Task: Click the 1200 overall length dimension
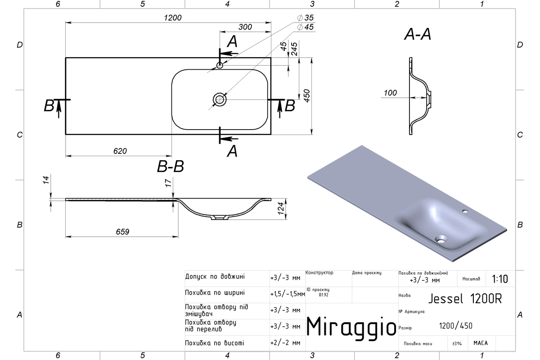pyautogui.click(x=173, y=18)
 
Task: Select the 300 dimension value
pyautogui.click(x=245, y=27)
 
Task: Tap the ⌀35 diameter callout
pyautogui.click(x=305, y=18)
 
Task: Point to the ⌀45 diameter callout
pyautogui.click(x=305, y=27)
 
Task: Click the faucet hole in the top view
pyautogui.click(x=220, y=65)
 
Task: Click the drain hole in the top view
pyautogui.click(x=220, y=99)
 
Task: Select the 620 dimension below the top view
pyautogui.click(x=120, y=151)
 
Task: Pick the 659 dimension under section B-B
pyautogui.click(x=122, y=232)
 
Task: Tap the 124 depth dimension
pyautogui.click(x=281, y=208)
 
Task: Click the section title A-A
pyautogui.click(x=418, y=34)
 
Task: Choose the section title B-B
pyautogui.click(x=171, y=166)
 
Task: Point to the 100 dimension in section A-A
pyautogui.click(x=390, y=93)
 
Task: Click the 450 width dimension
pyautogui.click(x=306, y=96)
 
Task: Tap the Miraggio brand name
pyautogui.click(x=351, y=327)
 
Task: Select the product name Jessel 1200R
pyautogui.click(x=465, y=299)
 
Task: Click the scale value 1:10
pyautogui.click(x=500, y=279)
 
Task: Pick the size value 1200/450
pyautogui.click(x=455, y=326)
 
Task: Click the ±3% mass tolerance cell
pyautogui.click(x=457, y=343)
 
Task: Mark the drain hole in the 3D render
pyautogui.click(x=441, y=239)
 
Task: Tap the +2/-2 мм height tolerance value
pyautogui.click(x=285, y=343)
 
